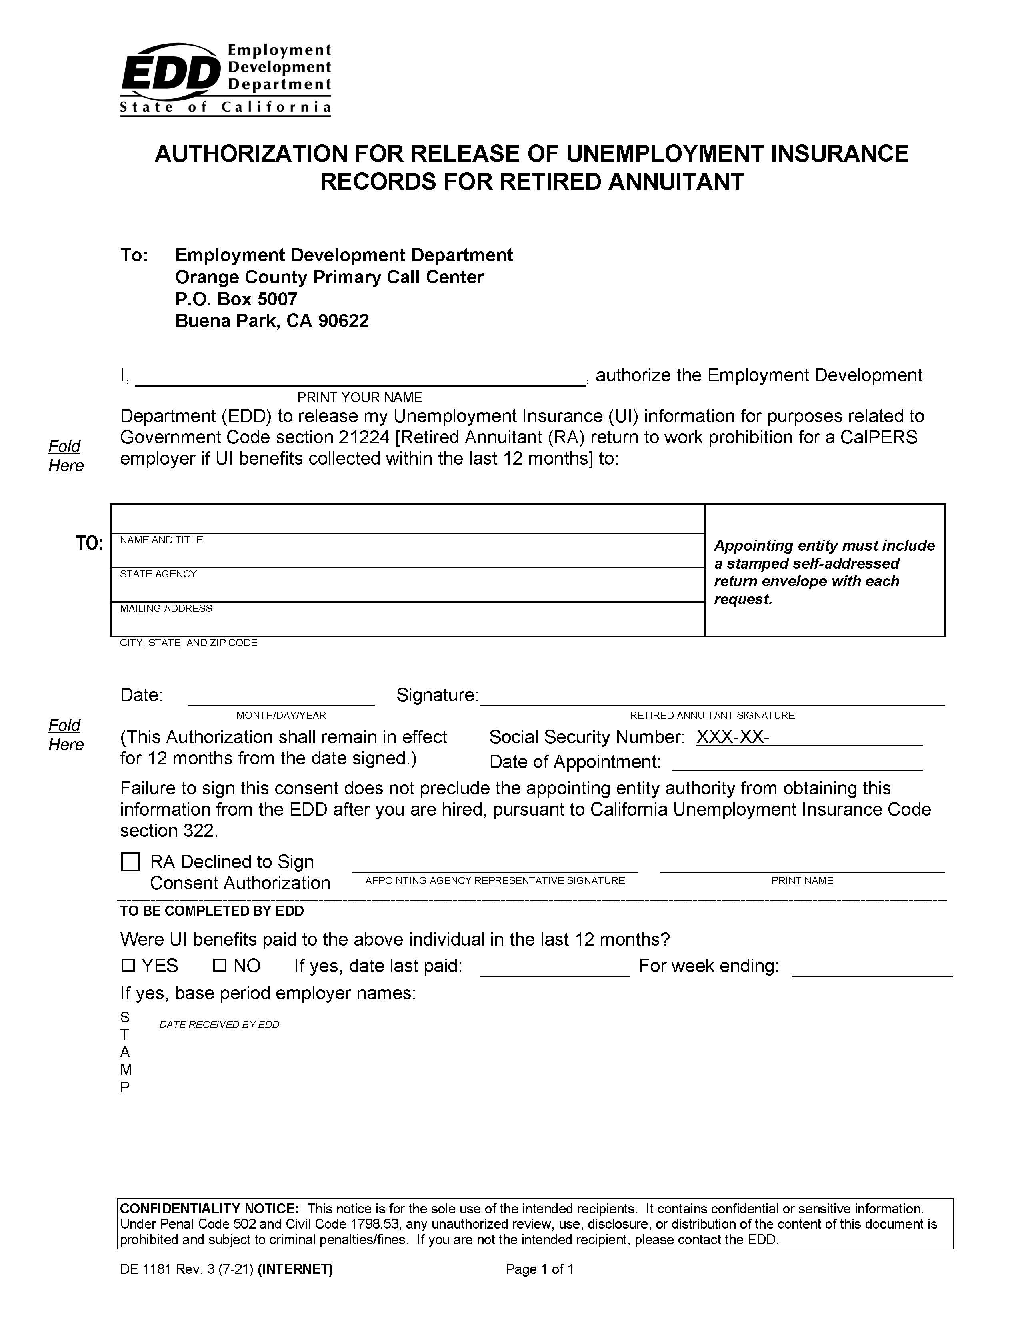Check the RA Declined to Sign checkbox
(x=130, y=862)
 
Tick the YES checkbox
(x=128, y=965)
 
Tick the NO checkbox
(x=220, y=965)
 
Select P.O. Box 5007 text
(x=236, y=299)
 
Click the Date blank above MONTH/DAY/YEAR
(x=281, y=698)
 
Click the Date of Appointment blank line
(x=797, y=763)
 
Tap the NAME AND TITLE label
(x=161, y=540)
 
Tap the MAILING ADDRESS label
(x=166, y=609)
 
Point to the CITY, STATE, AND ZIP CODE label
(x=188, y=643)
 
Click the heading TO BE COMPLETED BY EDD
(x=212, y=911)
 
